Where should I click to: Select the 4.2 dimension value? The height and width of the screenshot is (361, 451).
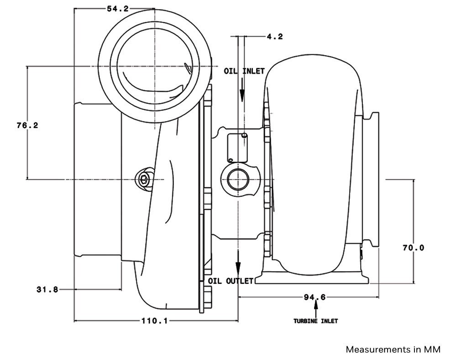click(x=274, y=36)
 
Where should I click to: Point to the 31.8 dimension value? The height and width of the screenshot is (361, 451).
click(x=47, y=289)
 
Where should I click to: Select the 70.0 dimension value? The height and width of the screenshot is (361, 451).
click(x=413, y=248)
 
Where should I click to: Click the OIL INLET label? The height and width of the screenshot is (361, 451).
click(x=244, y=72)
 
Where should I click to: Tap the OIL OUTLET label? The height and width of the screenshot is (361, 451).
click(x=231, y=281)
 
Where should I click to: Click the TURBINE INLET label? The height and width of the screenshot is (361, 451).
click(x=315, y=321)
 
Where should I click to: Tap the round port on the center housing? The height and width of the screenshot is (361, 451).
click(x=238, y=178)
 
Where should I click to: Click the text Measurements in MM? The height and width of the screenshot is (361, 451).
click(x=393, y=350)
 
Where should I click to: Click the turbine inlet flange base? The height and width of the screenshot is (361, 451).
click(x=312, y=279)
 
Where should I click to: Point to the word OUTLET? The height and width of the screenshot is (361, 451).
click(x=239, y=281)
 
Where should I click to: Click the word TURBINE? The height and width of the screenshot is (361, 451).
click(x=306, y=321)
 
